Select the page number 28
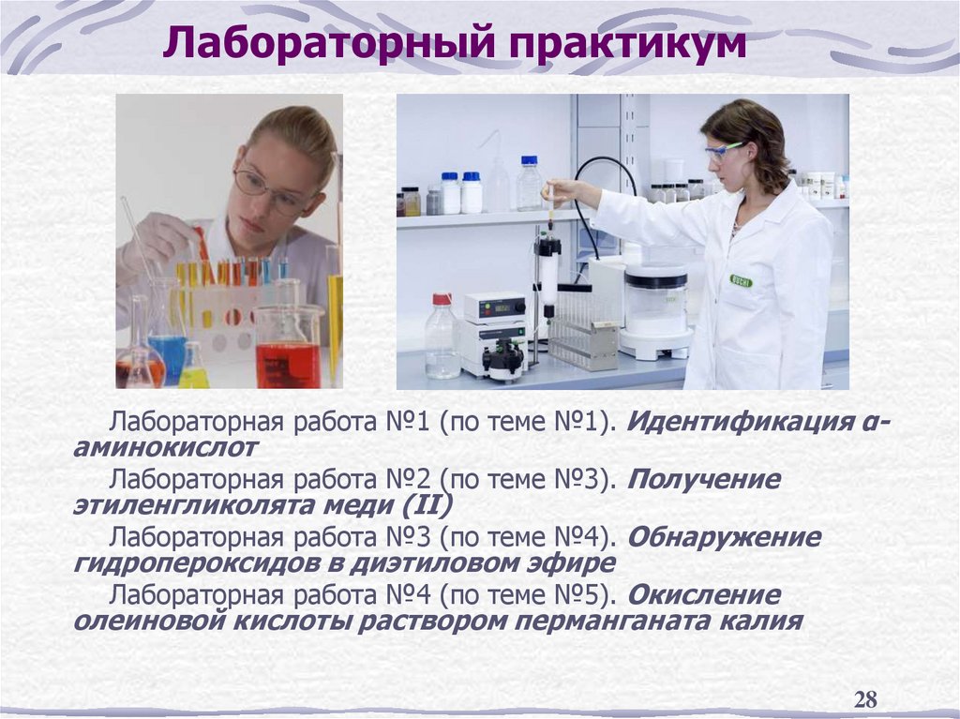pyautogui.click(x=865, y=699)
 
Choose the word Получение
pyautogui.click(x=704, y=480)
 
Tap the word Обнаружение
pyautogui.click(x=725, y=538)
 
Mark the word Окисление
pyautogui.click(x=704, y=595)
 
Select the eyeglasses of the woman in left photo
pyautogui.click(x=267, y=190)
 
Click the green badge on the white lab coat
pyautogui.click(x=742, y=279)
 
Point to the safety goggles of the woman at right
pyautogui.click(x=724, y=150)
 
